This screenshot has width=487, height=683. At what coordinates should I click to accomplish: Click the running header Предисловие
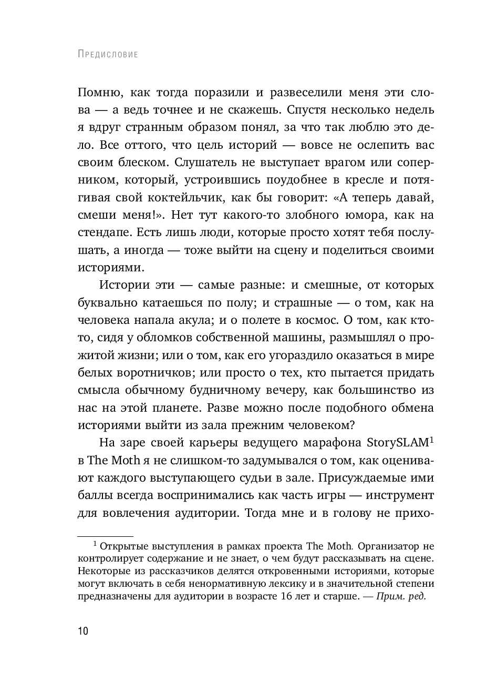coord(107,54)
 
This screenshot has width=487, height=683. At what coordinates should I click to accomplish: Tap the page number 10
coord(83,631)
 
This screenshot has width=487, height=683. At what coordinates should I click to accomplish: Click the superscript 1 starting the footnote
coord(95,544)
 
